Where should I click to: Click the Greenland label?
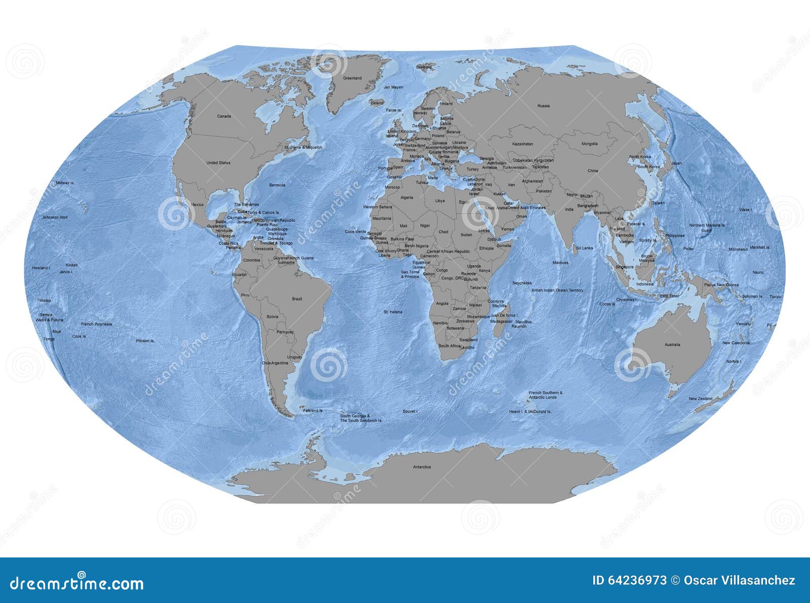coord(352,78)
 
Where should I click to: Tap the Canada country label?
coord(224,116)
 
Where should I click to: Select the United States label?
coord(218,163)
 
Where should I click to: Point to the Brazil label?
coord(297,299)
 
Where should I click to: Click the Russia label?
coord(543,106)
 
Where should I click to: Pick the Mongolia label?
coord(589,144)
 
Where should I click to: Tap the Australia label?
coord(672,345)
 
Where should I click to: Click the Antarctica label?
coord(422,467)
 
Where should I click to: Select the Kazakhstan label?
coord(522,144)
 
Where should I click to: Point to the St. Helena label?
coord(393,312)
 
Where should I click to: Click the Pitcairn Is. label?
coord(145,341)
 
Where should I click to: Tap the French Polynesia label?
coord(96,324)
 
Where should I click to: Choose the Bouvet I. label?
coord(410,412)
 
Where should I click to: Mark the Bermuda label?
coord(277,185)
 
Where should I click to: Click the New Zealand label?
coord(700,399)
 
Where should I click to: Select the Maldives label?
coord(560,263)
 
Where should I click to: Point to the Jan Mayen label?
coord(393,88)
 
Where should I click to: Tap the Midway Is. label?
coord(65,183)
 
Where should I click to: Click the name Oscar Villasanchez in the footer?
coord(739,581)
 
